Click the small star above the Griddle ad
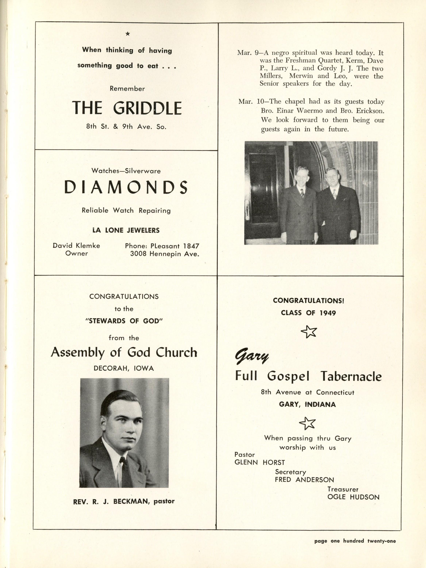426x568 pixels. [128, 34]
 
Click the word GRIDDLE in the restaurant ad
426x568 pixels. [147, 108]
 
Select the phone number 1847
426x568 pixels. [191, 246]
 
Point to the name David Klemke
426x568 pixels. [76, 246]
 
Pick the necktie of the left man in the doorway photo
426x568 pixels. [302, 192]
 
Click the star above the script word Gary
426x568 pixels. [309, 332]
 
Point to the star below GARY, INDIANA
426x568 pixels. [307, 423]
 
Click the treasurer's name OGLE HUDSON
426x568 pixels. [353, 497]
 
